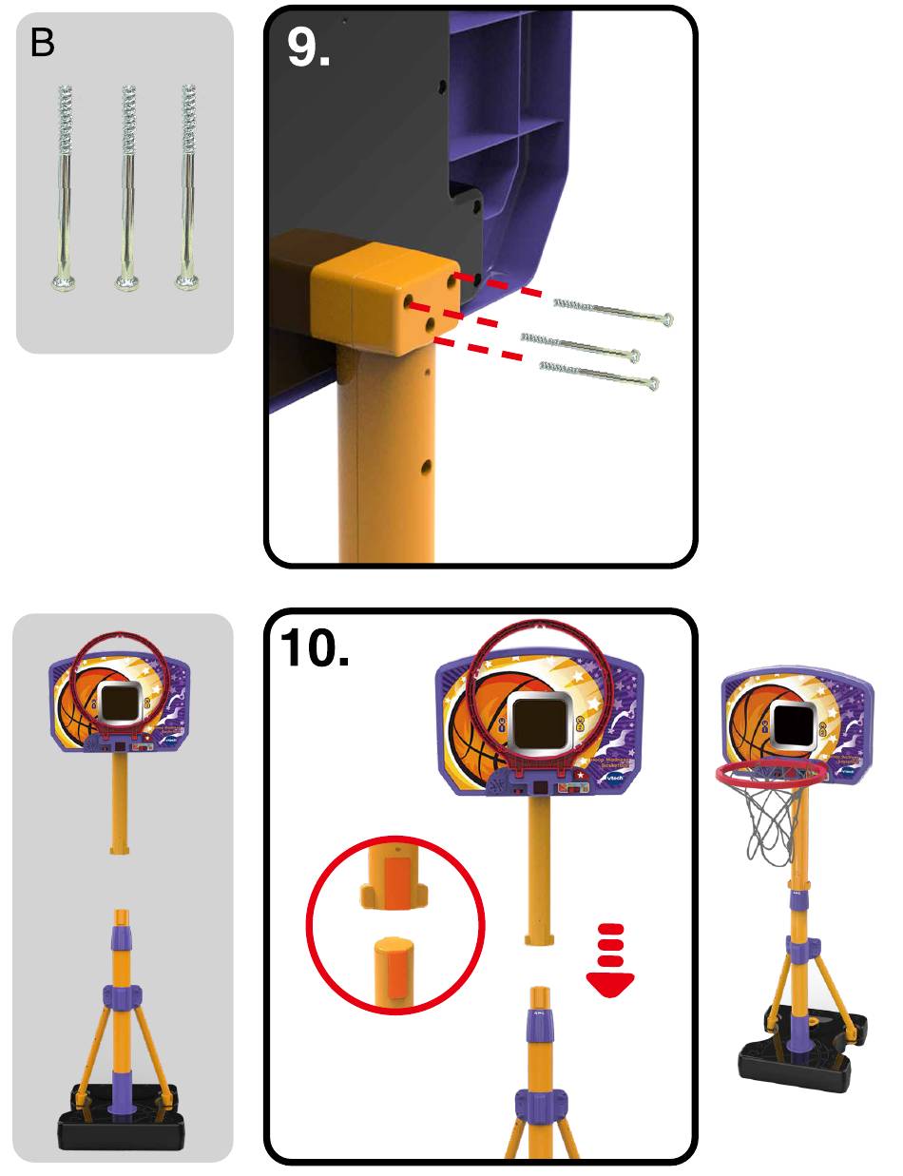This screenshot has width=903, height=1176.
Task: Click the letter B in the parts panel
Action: pos(43,44)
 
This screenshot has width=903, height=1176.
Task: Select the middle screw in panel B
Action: pos(125,185)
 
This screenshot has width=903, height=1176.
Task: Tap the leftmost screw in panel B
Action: pos(65,185)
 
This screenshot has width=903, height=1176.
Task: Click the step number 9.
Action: pos(309,48)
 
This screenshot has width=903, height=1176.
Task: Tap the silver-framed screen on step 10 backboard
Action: pos(538,720)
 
